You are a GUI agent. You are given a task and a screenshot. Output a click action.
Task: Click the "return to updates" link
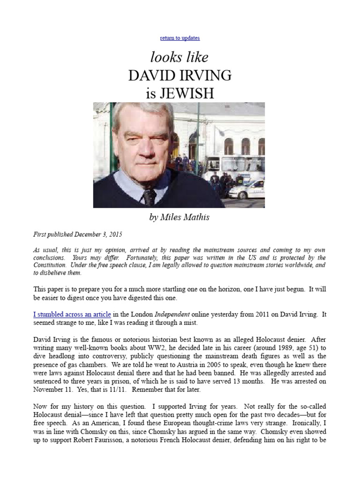(x=180, y=38)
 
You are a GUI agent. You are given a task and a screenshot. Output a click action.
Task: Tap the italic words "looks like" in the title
(x=180, y=57)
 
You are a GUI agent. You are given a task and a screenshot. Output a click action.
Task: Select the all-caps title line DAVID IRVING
(x=180, y=75)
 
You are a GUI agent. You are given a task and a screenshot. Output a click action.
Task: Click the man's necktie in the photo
(x=149, y=196)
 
